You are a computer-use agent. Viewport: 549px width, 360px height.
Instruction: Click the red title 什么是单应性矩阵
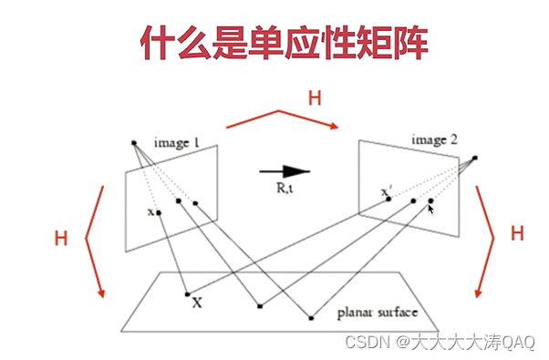point(284,43)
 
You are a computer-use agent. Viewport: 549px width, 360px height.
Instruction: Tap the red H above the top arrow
point(315,98)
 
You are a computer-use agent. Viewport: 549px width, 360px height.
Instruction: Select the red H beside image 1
point(61,238)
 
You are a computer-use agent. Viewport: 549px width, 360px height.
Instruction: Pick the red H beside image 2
point(517,233)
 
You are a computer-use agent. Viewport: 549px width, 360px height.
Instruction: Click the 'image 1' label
point(177,143)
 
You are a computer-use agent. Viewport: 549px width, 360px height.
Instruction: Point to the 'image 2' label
point(434,140)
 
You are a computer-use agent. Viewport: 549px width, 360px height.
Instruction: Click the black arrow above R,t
point(285,171)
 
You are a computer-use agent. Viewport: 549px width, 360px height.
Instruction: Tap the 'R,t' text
point(285,189)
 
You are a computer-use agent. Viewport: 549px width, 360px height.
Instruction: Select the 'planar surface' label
point(378,313)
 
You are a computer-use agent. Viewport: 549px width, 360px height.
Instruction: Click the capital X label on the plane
point(197,303)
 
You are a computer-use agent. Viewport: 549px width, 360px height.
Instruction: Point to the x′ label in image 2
point(386,191)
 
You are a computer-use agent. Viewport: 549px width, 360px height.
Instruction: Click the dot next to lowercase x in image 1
point(159,212)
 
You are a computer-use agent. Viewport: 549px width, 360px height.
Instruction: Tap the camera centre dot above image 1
point(134,143)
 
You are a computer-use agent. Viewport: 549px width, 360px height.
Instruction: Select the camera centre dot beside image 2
point(475,159)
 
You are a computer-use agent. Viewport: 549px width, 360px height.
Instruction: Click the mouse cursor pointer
point(430,210)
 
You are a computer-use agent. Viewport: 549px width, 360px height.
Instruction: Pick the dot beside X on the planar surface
point(187,294)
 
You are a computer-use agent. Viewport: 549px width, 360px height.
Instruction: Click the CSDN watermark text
point(440,342)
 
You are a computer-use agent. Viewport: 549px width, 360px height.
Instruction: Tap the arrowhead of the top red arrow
point(334,126)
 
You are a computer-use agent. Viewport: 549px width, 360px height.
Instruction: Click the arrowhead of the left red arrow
point(101,293)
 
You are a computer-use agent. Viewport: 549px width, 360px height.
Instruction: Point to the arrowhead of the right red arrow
point(479,293)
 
